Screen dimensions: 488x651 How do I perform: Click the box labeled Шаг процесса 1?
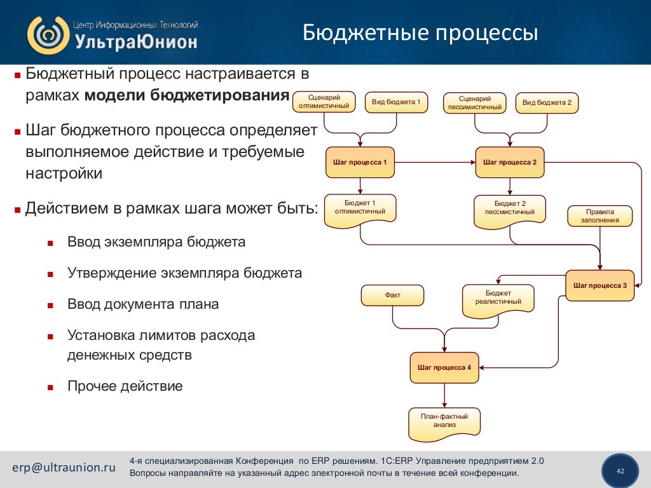[x=360, y=162]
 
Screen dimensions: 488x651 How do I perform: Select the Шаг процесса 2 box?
[x=510, y=162]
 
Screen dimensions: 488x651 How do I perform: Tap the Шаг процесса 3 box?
[x=600, y=285]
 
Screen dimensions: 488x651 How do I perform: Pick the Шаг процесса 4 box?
[x=444, y=367]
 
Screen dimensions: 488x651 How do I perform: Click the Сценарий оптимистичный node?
[x=324, y=102]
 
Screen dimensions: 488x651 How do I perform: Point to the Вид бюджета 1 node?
[x=396, y=102]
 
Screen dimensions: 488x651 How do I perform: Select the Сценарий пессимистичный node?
[x=475, y=102]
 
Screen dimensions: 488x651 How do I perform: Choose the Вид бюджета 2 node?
[x=547, y=102]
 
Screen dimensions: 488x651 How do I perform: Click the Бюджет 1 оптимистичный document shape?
[x=360, y=208]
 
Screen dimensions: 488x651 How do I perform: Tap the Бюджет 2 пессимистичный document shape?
[x=510, y=209]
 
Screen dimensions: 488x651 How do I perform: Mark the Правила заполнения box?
[x=600, y=216]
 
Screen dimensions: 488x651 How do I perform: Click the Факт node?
[x=392, y=295]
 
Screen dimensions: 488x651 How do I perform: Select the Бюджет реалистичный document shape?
[x=498, y=298]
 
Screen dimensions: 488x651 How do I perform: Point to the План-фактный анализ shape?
[x=444, y=422]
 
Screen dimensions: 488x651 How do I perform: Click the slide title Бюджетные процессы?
[x=420, y=32]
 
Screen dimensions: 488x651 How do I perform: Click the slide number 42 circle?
[x=620, y=471]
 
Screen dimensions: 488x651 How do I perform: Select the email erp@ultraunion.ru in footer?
[x=64, y=467]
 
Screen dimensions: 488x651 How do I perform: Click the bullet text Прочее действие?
[x=125, y=386]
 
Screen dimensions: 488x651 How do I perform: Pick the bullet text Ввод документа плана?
[x=143, y=304]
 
